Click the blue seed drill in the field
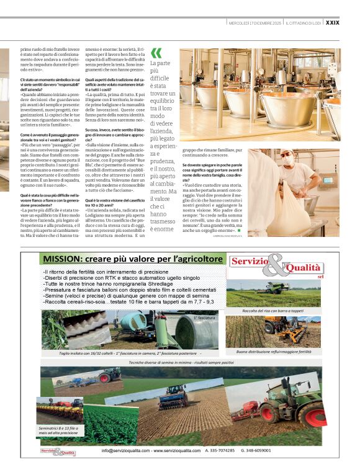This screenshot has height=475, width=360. (173, 397)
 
